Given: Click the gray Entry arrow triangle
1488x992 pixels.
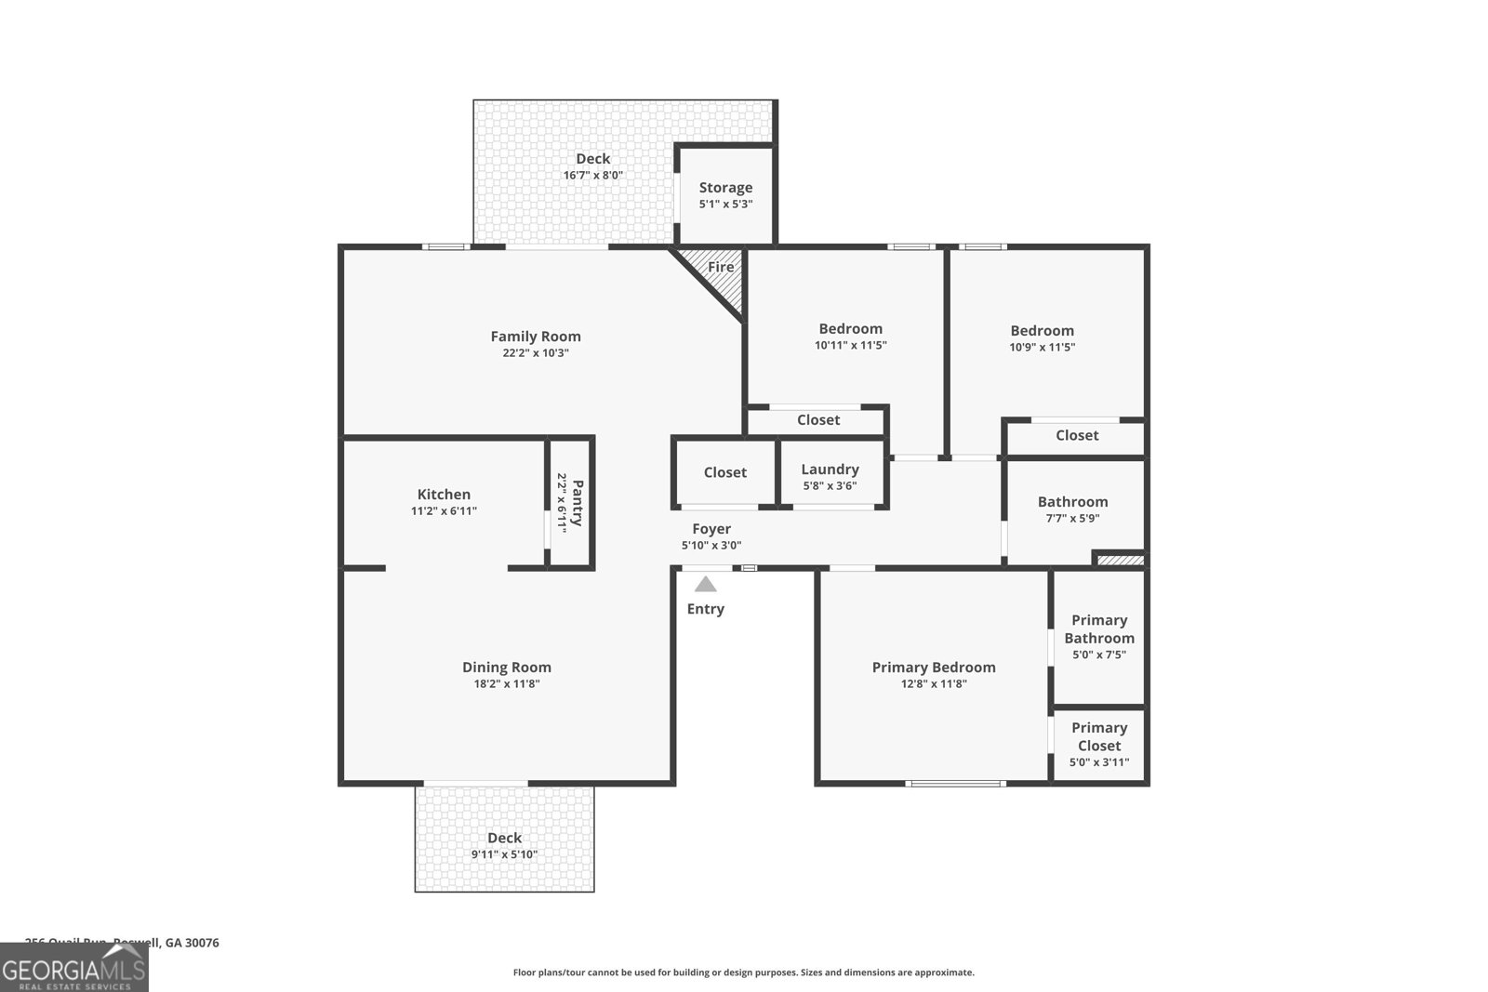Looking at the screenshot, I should (x=706, y=584).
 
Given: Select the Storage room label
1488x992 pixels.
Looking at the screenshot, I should (x=725, y=188).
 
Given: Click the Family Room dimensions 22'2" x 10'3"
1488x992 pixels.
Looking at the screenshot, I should (x=535, y=353).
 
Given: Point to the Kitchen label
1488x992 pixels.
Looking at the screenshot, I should (x=444, y=495).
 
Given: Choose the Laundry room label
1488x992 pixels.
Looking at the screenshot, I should (x=830, y=470).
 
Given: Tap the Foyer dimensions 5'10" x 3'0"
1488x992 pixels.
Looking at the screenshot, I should (x=711, y=546).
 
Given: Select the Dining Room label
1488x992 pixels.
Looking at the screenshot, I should (x=507, y=668).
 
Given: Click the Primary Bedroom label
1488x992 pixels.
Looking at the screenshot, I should (x=933, y=668).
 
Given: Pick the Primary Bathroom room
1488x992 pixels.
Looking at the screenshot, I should (x=1099, y=637).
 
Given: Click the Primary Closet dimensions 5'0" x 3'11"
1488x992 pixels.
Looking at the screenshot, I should (x=1099, y=762).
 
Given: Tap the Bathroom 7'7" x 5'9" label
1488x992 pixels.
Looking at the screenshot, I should (x=1072, y=509).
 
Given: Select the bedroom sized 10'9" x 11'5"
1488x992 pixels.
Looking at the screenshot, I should (x=1042, y=338).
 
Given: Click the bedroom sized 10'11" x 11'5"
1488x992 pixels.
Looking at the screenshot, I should (x=850, y=337).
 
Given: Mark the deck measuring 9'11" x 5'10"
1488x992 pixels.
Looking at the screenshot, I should (x=504, y=845).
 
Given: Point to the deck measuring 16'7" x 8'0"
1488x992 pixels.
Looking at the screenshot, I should (x=592, y=166).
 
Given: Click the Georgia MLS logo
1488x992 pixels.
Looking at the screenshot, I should (x=73, y=968).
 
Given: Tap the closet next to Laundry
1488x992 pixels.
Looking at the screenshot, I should (x=724, y=472).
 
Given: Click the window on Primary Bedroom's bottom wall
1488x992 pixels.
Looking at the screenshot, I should (x=955, y=783).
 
